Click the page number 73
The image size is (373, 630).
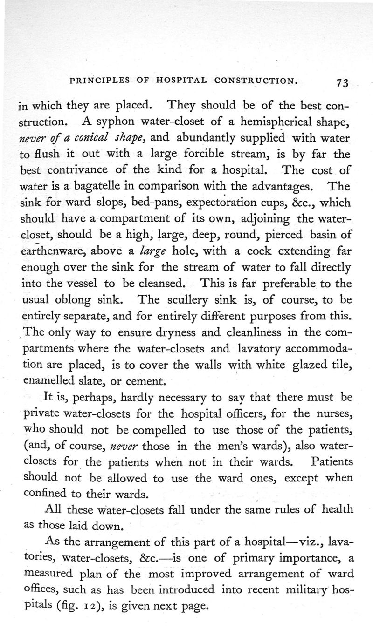click(342, 83)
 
